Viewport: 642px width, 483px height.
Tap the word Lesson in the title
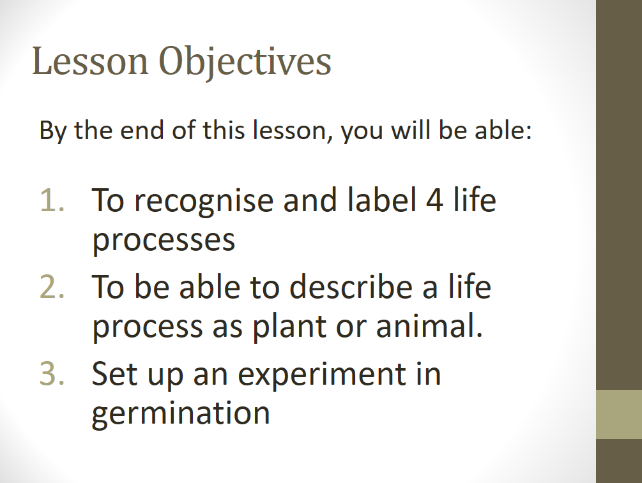90,61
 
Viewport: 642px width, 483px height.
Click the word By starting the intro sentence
53,131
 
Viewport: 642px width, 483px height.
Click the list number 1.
52,200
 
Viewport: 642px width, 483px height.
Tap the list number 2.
52,286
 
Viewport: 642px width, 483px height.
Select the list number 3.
52,373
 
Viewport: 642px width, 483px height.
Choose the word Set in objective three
114,373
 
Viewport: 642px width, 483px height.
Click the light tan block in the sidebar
619,414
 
